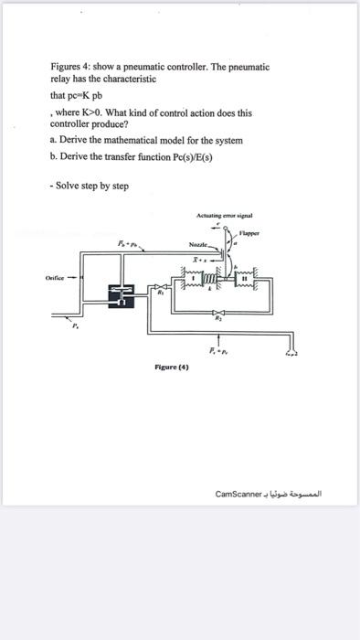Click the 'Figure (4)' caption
click(x=172, y=366)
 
